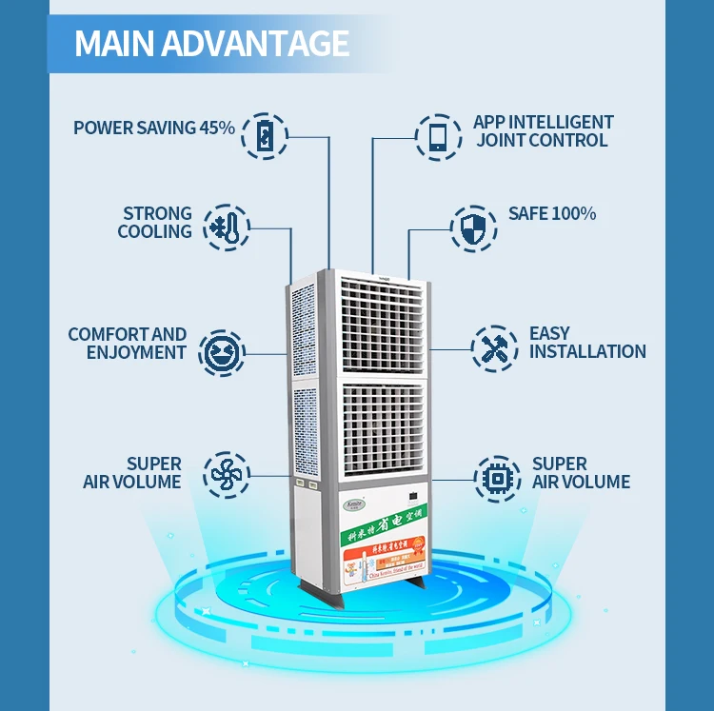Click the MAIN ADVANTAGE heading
[211, 44]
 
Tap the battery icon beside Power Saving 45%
[264, 134]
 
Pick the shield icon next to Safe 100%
[473, 227]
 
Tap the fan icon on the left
[227, 474]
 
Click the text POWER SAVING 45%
[154, 128]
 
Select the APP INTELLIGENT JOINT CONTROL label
[543, 131]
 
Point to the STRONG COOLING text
[155, 223]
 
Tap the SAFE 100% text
[552, 214]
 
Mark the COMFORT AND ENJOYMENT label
[128, 344]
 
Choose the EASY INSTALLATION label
[587, 343]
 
